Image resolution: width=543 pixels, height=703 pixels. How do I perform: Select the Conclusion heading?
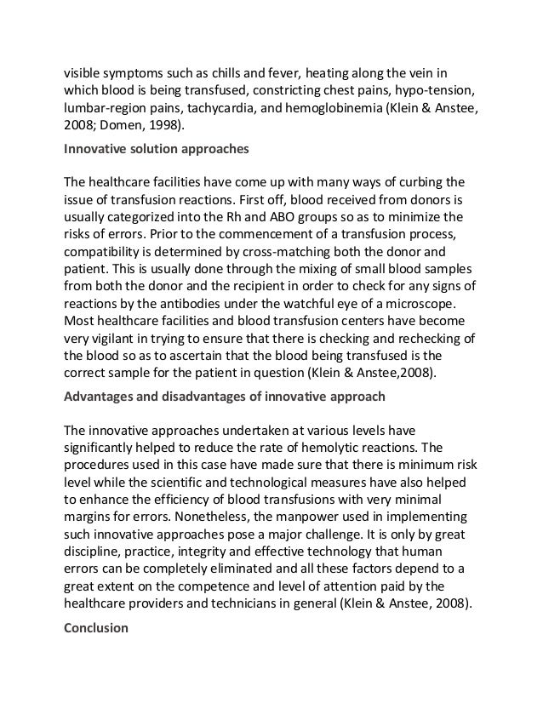pos(95,628)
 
